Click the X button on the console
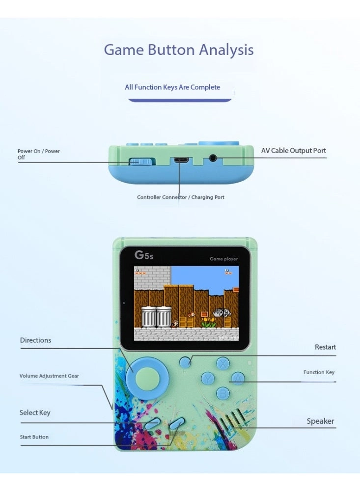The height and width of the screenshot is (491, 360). [223, 363]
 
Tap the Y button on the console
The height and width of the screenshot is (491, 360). [207, 378]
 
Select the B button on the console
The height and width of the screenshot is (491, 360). [223, 393]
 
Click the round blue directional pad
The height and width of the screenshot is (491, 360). [147, 379]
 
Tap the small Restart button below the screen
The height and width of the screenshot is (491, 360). [185, 362]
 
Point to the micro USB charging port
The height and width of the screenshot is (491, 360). [181, 160]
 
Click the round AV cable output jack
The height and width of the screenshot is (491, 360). [213, 158]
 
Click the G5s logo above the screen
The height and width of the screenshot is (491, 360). [144, 255]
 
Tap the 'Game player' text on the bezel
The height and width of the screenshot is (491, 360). [223, 259]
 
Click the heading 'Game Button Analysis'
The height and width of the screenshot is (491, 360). [179, 50]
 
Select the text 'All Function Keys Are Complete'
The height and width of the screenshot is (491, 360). [172, 87]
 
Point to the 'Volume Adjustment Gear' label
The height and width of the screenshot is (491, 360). [49, 376]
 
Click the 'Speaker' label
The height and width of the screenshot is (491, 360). [320, 421]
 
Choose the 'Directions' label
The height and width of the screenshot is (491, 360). [35, 340]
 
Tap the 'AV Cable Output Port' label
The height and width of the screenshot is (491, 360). [294, 151]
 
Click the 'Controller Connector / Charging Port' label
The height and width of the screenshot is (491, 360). [180, 197]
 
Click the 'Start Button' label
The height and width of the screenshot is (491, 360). [34, 437]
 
